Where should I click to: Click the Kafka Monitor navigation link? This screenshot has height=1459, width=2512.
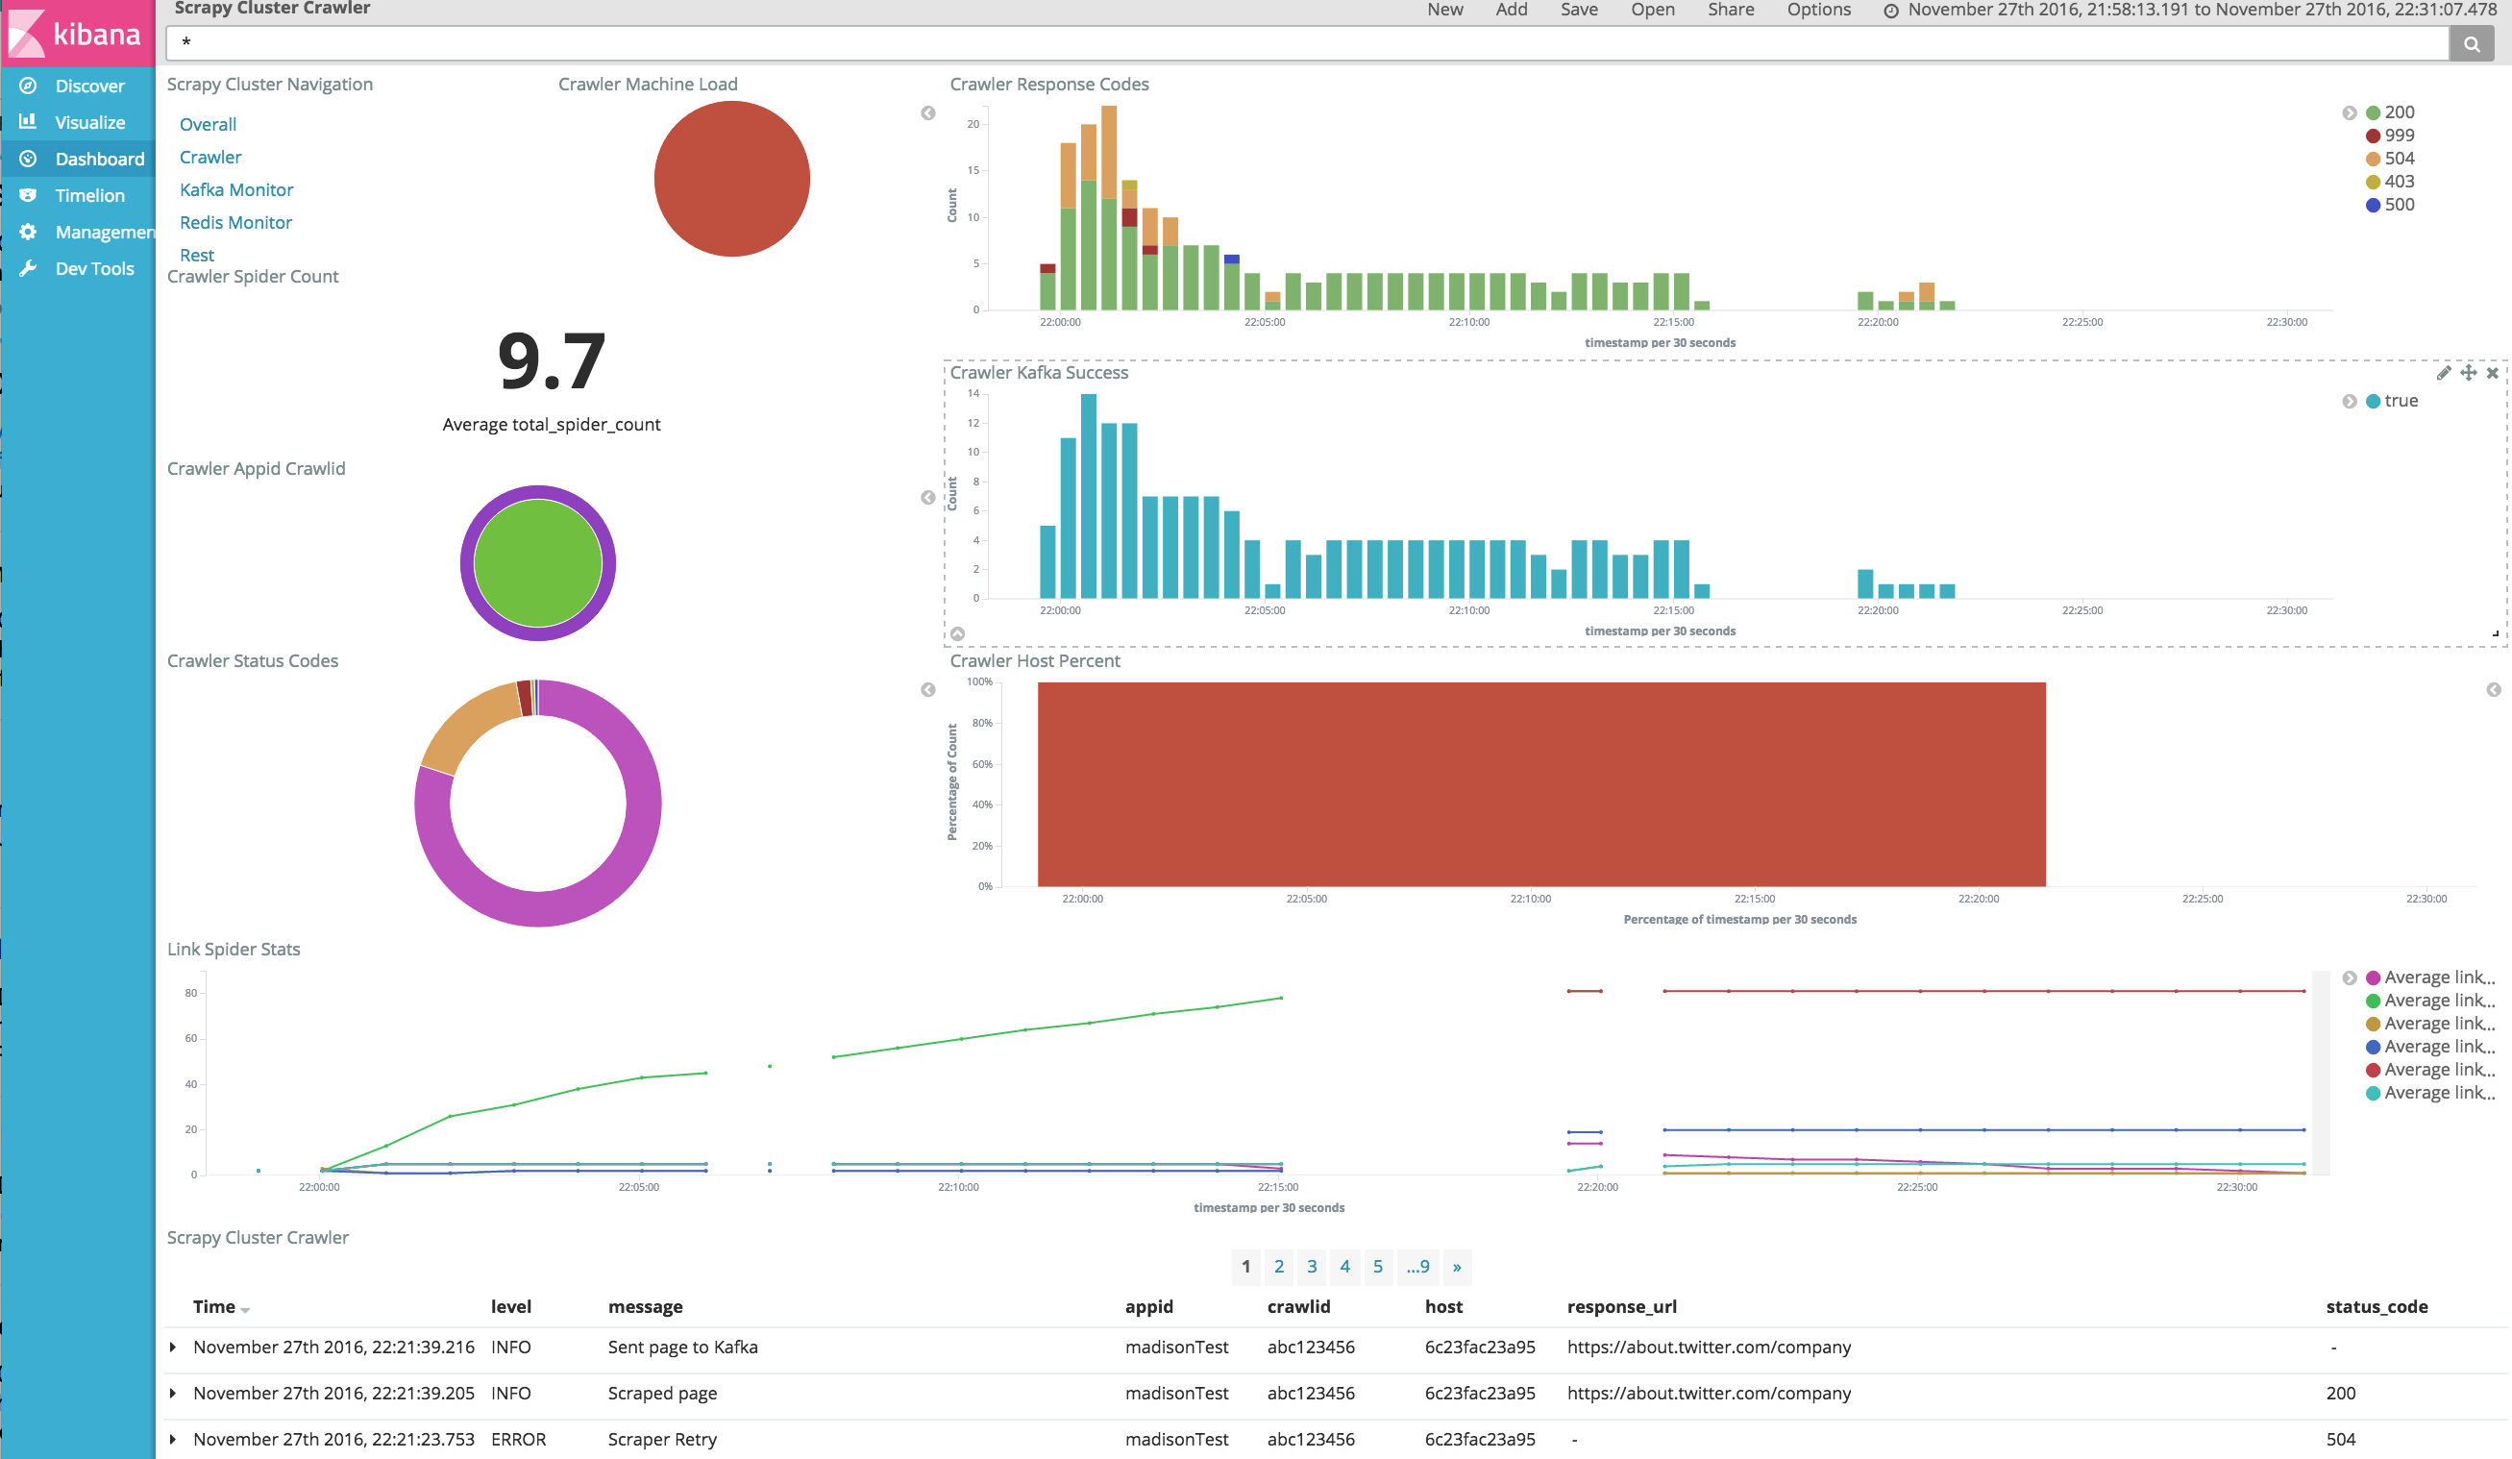coord(236,189)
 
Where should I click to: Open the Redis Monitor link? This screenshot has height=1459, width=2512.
coord(235,222)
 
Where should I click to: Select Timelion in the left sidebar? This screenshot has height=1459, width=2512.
coord(89,195)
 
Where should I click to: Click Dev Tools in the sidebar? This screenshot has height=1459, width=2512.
coord(94,268)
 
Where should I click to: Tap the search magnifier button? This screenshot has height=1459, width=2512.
coord(2471,44)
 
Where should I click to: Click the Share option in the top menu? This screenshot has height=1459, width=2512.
coord(1730,10)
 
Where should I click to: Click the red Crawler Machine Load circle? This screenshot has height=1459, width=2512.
coord(731,179)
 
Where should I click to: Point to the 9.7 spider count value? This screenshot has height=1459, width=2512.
coord(552,361)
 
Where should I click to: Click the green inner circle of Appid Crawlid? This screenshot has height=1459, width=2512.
coord(537,563)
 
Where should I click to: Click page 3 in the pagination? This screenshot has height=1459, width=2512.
coord(1312,1267)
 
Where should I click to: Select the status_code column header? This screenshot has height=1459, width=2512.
coord(2377,1306)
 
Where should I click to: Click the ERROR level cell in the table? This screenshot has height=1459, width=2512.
coord(518,1439)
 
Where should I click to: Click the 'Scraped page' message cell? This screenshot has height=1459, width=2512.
coord(662,1394)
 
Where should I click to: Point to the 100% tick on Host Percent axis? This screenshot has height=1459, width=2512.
coord(980,682)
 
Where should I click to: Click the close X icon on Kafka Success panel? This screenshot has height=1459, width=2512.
coord(2492,373)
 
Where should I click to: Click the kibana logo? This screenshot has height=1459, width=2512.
coord(78,34)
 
